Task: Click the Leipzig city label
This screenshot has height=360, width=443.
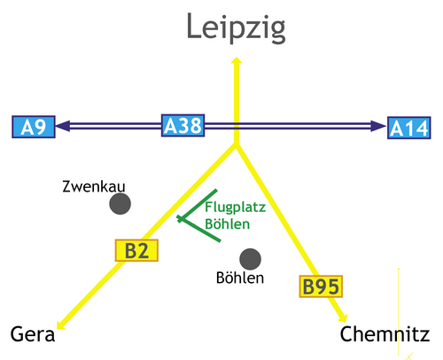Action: coord(236,28)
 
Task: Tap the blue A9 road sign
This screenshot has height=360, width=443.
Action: coord(34,127)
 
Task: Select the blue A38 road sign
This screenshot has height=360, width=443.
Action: coord(183,125)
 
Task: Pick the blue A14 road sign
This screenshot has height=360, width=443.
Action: coord(409,128)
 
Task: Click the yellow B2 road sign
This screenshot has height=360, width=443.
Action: coord(136,250)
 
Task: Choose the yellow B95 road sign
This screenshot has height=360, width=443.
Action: coord(321,286)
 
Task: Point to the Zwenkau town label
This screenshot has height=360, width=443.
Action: coord(94,186)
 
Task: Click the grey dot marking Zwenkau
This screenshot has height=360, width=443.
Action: coord(120,204)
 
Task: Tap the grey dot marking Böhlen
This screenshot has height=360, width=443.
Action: coord(251,259)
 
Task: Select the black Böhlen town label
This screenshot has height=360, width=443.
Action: coord(240,278)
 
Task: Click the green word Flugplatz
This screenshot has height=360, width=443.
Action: coord(236,207)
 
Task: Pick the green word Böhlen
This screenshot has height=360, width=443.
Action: coord(228,223)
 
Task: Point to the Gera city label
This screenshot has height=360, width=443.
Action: coord(33,334)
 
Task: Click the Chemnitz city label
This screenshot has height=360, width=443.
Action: coord(385,334)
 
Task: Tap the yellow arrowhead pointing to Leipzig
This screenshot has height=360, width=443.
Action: coord(237,60)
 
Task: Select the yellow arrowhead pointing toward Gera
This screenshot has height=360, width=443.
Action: coord(60,325)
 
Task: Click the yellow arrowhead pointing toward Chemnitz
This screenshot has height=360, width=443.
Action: coord(343,317)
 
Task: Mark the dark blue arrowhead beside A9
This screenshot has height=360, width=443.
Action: coord(63,126)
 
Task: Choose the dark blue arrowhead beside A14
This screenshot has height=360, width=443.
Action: coord(378,126)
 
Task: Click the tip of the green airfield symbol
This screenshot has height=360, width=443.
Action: coord(179,219)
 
